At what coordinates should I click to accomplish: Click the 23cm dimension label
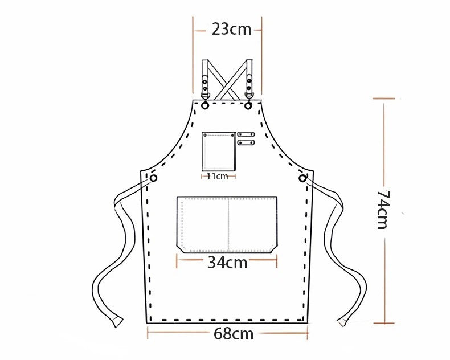pyautogui.click(x=231, y=29)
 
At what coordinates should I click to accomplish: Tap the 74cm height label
pyautogui.click(x=383, y=209)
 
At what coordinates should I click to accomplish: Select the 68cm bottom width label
pyautogui.click(x=234, y=334)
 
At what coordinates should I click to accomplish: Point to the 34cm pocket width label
pyautogui.click(x=227, y=262)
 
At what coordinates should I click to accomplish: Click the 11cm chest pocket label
pyautogui.click(x=218, y=176)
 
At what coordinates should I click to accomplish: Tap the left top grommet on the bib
pyautogui.click(x=205, y=105)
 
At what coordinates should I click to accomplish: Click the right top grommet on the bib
pyautogui.click(x=248, y=105)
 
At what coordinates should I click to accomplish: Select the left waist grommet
pyautogui.click(x=154, y=178)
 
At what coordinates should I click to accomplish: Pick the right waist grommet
pyautogui.click(x=302, y=178)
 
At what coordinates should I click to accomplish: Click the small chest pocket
pyautogui.click(x=219, y=152)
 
